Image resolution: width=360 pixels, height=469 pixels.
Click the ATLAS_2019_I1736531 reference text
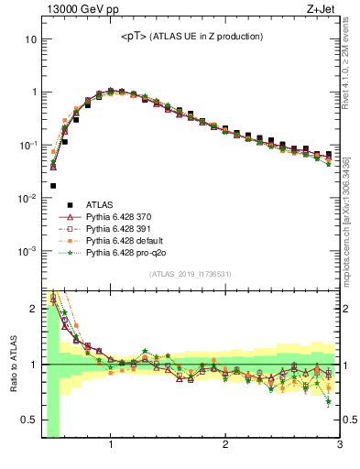click(191, 274)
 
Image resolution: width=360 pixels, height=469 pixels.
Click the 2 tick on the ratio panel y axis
click(33, 309)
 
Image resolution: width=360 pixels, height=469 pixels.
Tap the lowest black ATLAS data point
click(53, 186)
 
